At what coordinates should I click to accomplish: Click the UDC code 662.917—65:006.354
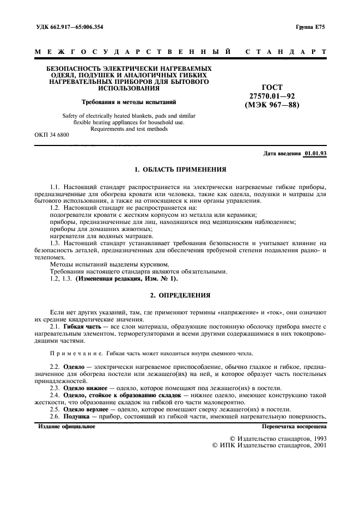(76, 27)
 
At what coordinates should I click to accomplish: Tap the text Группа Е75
(310, 27)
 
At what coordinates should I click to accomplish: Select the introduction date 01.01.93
(315, 154)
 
